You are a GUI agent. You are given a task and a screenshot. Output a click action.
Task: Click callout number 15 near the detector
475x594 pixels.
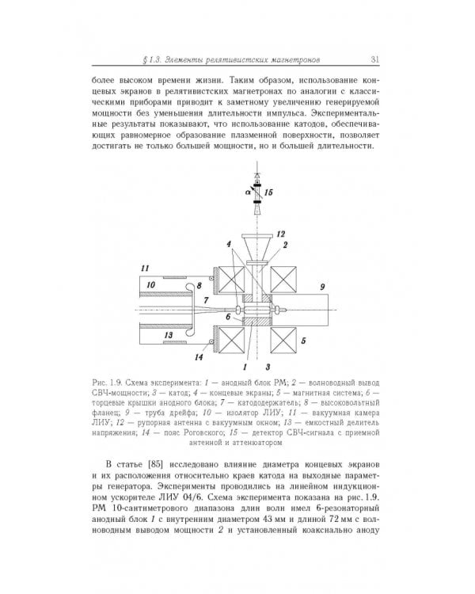[269, 192]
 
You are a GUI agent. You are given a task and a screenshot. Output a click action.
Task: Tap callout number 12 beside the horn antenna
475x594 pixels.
[279, 234]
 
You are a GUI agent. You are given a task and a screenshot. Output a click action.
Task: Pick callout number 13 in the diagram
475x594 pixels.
[169, 337]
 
